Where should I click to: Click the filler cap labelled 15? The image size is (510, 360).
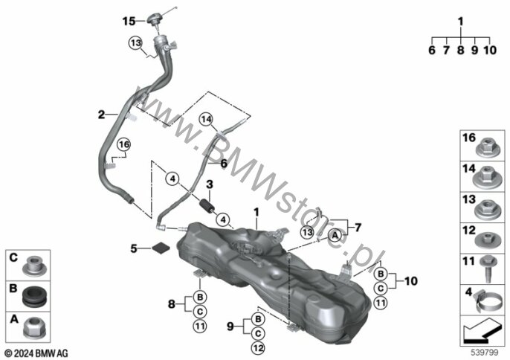[154, 19]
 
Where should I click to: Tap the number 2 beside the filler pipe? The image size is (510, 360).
[101, 115]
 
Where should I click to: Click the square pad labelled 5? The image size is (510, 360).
[161, 248]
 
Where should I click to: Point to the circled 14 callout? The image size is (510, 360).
[206, 120]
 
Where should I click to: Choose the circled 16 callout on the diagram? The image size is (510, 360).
[124, 144]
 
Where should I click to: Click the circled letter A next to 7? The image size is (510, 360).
[335, 235]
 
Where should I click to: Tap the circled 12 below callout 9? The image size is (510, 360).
[258, 348]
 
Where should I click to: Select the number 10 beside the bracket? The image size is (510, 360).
[410, 281]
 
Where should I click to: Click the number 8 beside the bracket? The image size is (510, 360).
[172, 304]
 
